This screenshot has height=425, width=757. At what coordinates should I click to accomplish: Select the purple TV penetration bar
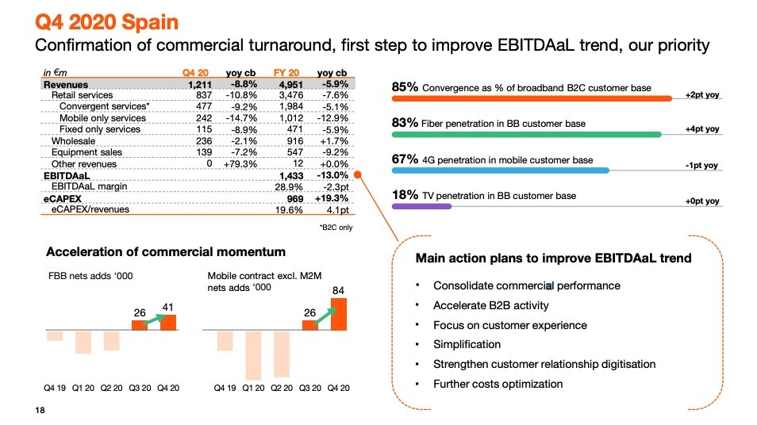[x=421, y=206]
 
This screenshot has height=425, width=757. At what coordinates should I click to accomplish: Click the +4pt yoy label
[x=702, y=129]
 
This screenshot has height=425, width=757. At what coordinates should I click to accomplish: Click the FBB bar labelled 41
[x=168, y=323]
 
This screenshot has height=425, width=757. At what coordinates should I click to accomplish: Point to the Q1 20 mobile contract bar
[x=254, y=354]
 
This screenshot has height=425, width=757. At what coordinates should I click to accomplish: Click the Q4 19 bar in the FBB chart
[x=55, y=335]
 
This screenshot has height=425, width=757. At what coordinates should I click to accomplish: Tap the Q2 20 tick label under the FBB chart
[x=111, y=388]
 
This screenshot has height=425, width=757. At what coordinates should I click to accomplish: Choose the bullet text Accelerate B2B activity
[x=490, y=305]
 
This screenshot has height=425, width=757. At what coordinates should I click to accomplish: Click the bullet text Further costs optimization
[x=498, y=384]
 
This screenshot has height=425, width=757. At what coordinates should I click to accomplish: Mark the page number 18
[x=40, y=410]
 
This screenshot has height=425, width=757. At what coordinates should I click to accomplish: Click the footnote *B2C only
[x=336, y=228]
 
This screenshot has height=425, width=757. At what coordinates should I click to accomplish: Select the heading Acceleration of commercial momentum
[x=166, y=252]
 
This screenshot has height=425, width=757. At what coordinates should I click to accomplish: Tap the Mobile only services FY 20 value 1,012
[x=277, y=118]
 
